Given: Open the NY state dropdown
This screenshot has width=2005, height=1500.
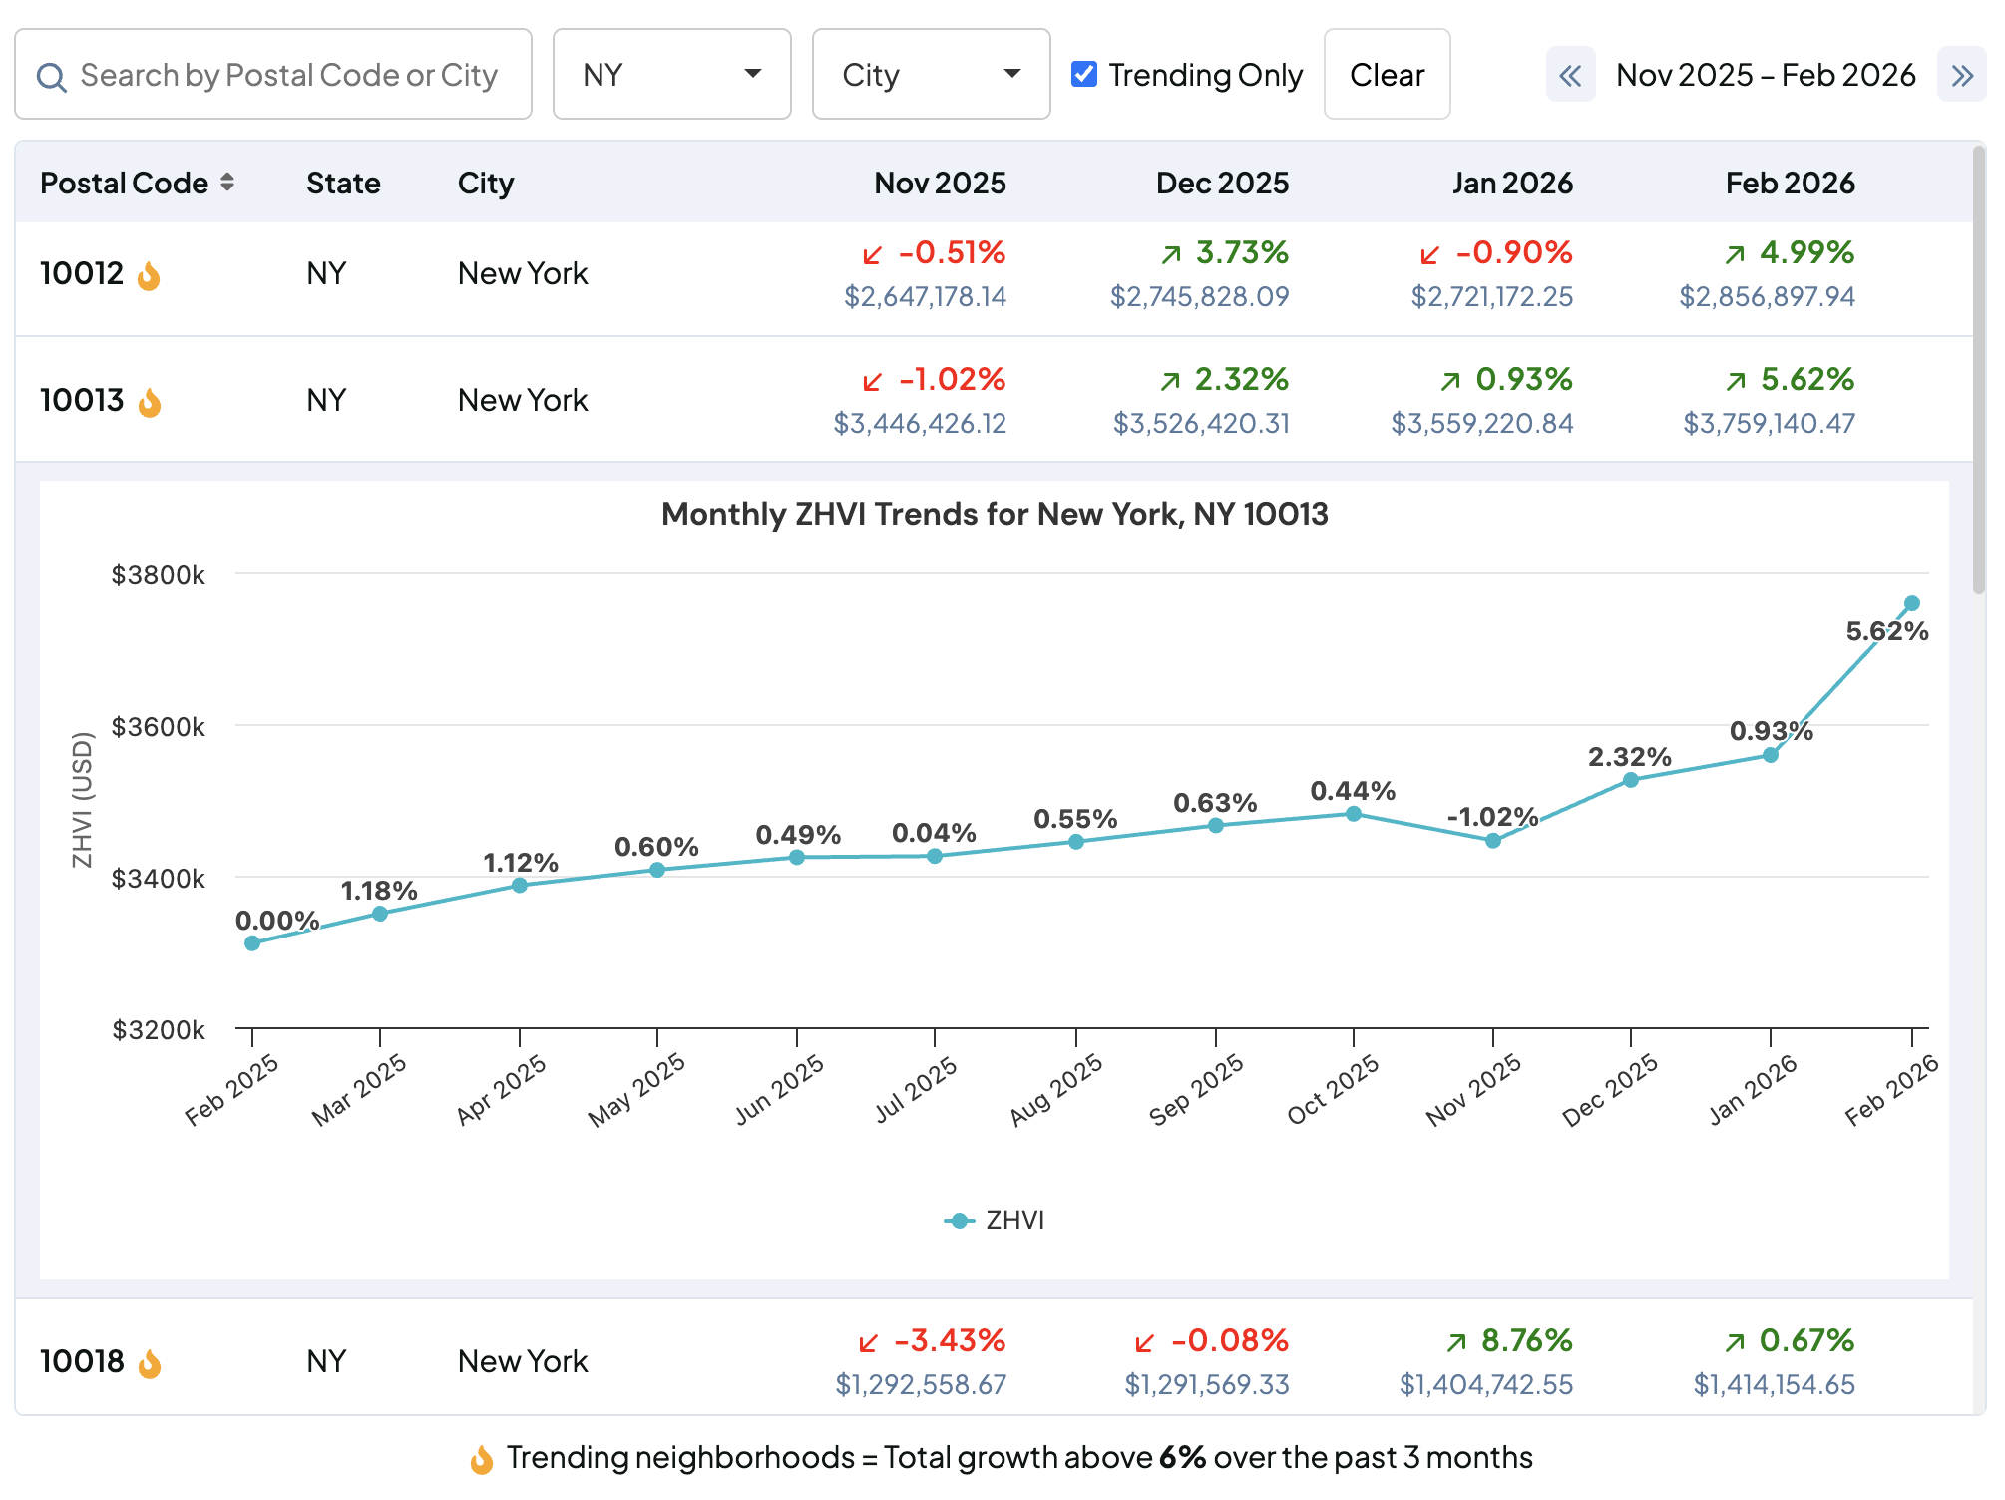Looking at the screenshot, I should click(671, 75).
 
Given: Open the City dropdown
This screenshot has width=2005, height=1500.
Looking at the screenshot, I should click(930, 75).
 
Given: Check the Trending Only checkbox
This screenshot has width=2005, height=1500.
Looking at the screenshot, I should click(1084, 75).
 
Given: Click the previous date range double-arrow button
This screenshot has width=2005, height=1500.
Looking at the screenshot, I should click(1570, 75).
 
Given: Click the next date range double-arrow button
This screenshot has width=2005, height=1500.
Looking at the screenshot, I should click(1961, 75).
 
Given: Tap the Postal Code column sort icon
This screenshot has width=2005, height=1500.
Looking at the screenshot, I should click(227, 183).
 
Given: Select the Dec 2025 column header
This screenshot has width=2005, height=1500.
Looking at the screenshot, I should click(1221, 183).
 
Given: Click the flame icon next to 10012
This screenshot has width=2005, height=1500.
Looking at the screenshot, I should click(149, 275).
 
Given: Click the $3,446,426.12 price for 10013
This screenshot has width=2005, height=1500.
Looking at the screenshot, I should click(919, 424).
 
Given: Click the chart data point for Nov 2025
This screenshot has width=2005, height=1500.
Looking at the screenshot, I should click(1492, 841).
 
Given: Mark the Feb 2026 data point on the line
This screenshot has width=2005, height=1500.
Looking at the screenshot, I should click(1911, 603).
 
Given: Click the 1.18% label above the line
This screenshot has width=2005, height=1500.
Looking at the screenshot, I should click(378, 890).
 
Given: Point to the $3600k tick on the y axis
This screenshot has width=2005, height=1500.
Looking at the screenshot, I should click(158, 727).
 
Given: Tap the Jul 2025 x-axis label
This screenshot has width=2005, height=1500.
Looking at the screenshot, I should click(916, 1089).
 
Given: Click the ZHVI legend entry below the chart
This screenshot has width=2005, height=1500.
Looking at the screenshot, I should click(995, 1220).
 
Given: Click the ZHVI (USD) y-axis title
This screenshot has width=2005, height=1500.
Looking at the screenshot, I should click(82, 800).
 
